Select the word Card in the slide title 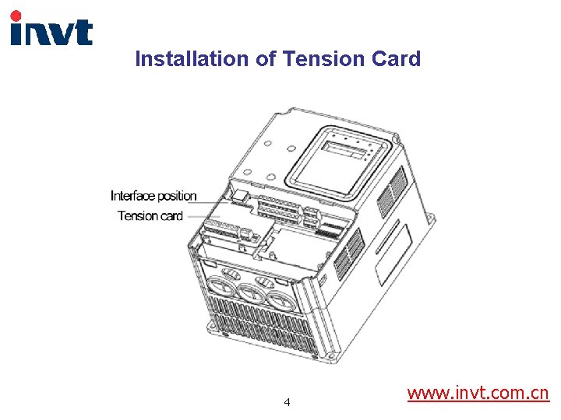[398, 59]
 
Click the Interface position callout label [153, 196]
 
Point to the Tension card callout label [150, 215]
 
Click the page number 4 [288, 402]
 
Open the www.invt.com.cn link [478, 393]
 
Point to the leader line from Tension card [204, 216]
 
